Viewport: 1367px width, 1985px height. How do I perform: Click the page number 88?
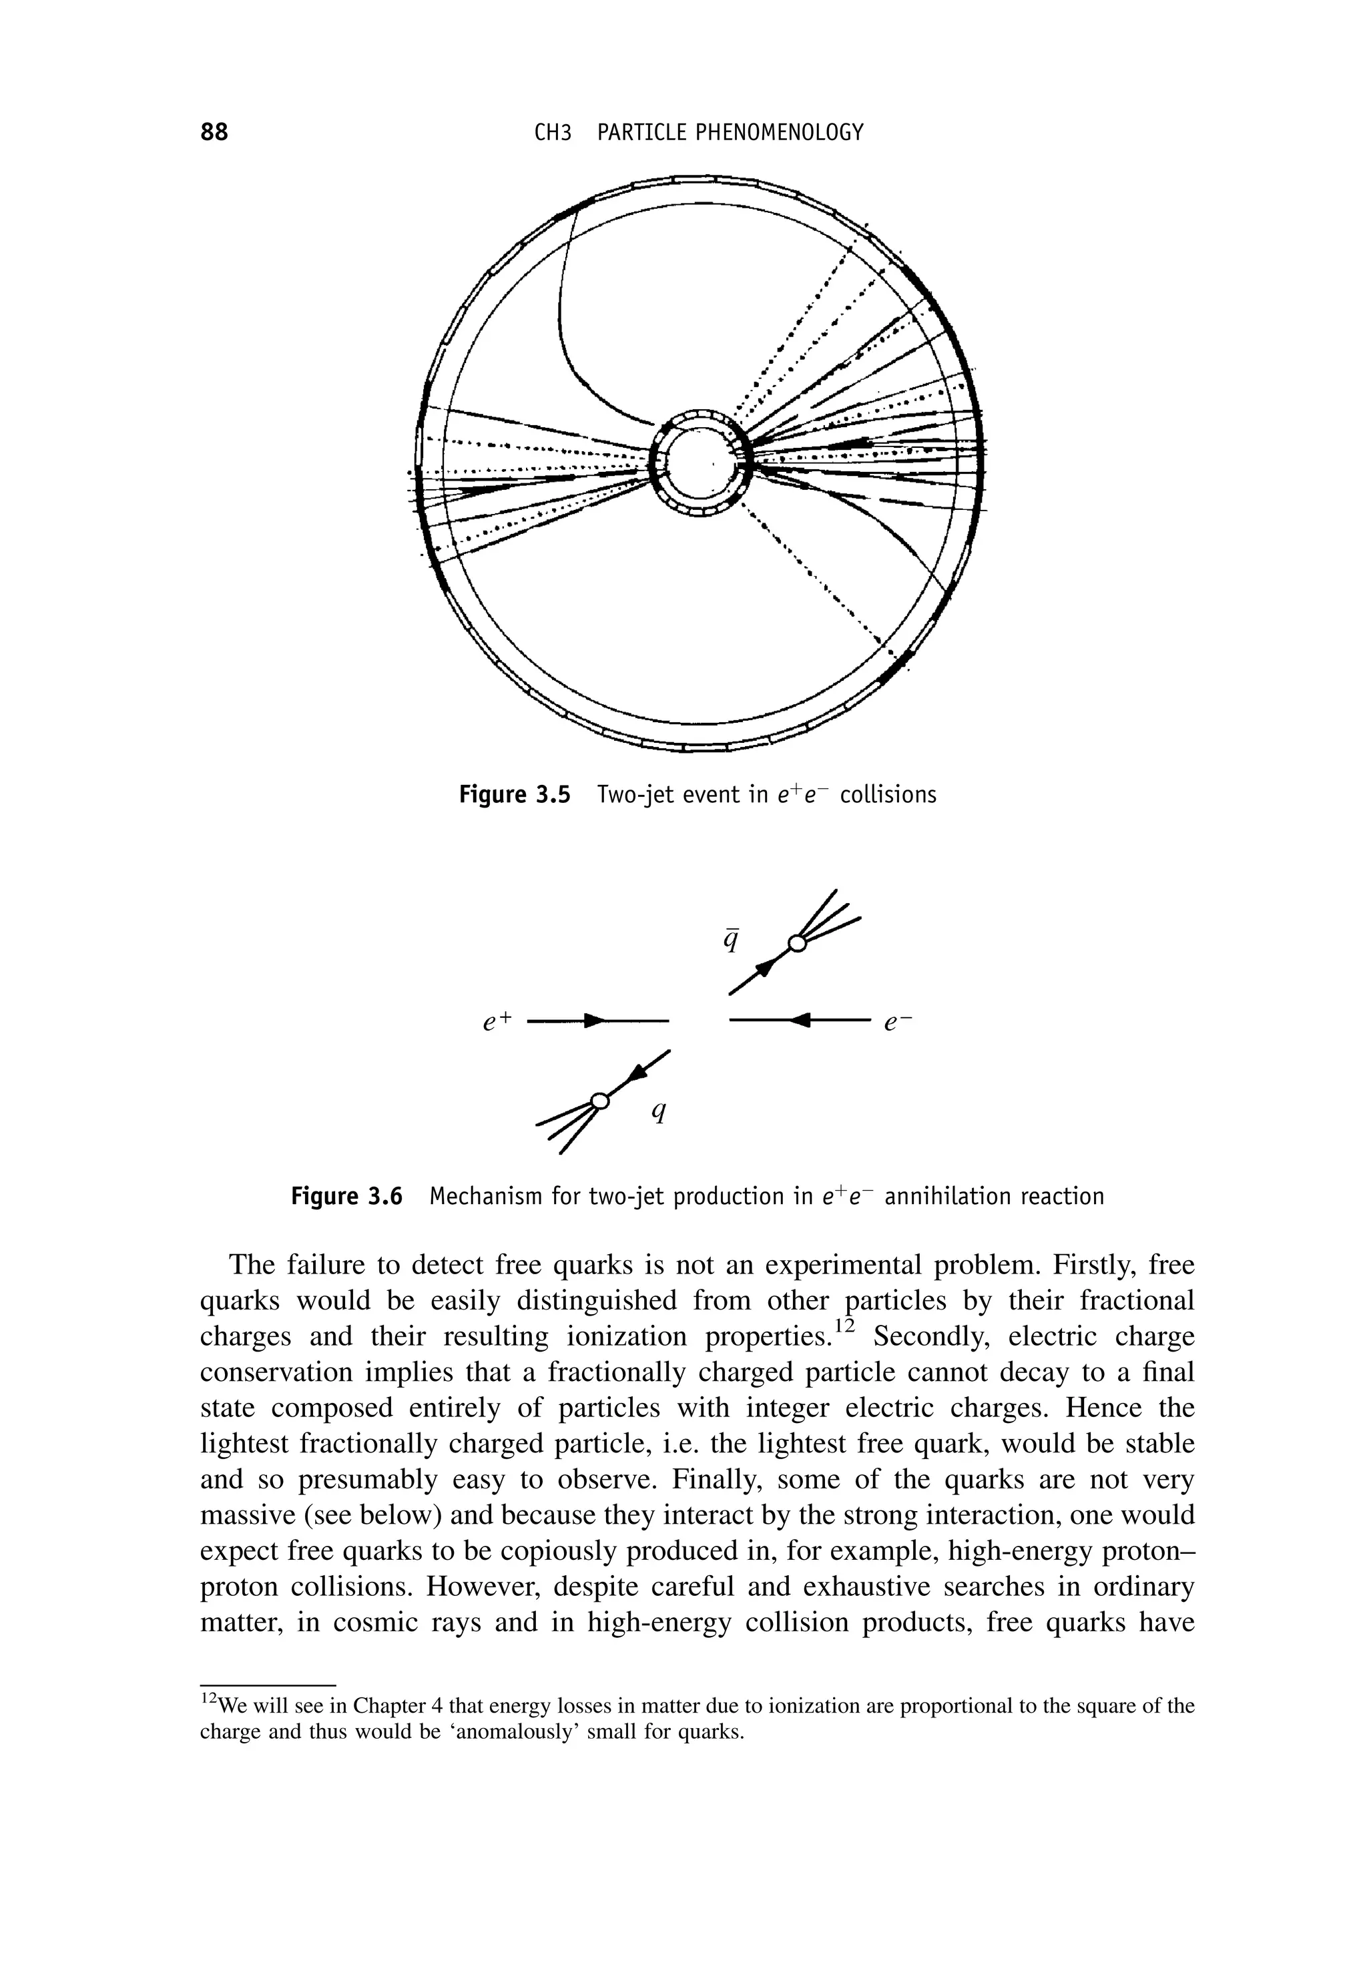point(214,132)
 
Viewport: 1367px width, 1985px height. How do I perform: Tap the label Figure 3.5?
point(514,795)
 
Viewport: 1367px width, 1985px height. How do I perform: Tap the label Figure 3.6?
point(346,1195)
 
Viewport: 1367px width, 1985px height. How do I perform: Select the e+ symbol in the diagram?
point(496,1021)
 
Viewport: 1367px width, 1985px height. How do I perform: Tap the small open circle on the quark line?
point(601,1101)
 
